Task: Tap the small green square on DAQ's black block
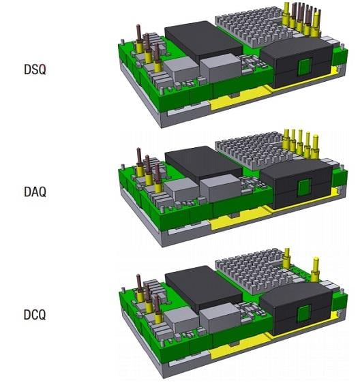[x=305, y=189]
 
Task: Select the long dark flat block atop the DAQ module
[x=204, y=164]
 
